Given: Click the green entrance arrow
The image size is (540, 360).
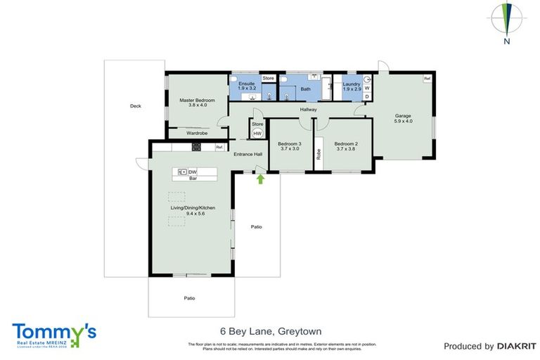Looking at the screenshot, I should pyautogui.click(x=260, y=179).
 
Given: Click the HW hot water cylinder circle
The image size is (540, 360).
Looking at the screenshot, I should pyautogui.click(x=257, y=133).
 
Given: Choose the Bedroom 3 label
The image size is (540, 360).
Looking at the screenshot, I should pyautogui.click(x=290, y=146).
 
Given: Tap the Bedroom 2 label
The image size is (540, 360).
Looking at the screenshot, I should pyautogui.click(x=346, y=146).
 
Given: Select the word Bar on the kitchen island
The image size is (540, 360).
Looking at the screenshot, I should pyautogui.click(x=191, y=179).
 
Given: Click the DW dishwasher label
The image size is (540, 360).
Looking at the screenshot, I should pyautogui.click(x=192, y=172).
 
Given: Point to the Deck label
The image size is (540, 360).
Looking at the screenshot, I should pyautogui.click(x=136, y=106).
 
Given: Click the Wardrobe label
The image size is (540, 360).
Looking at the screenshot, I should pyautogui.click(x=196, y=133).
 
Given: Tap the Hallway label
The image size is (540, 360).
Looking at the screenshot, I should pyautogui.click(x=309, y=110).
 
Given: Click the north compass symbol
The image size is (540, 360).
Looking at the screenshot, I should pyautogui.click(x=506, y=20).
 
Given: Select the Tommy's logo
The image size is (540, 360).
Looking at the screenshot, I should pyautogui.click(x=54, y=333).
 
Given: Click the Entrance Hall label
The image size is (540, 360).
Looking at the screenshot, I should pyautogui.click(x=247, y=155).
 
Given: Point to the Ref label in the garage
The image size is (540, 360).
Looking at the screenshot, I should pyautogui.click(x=426, y=78).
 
